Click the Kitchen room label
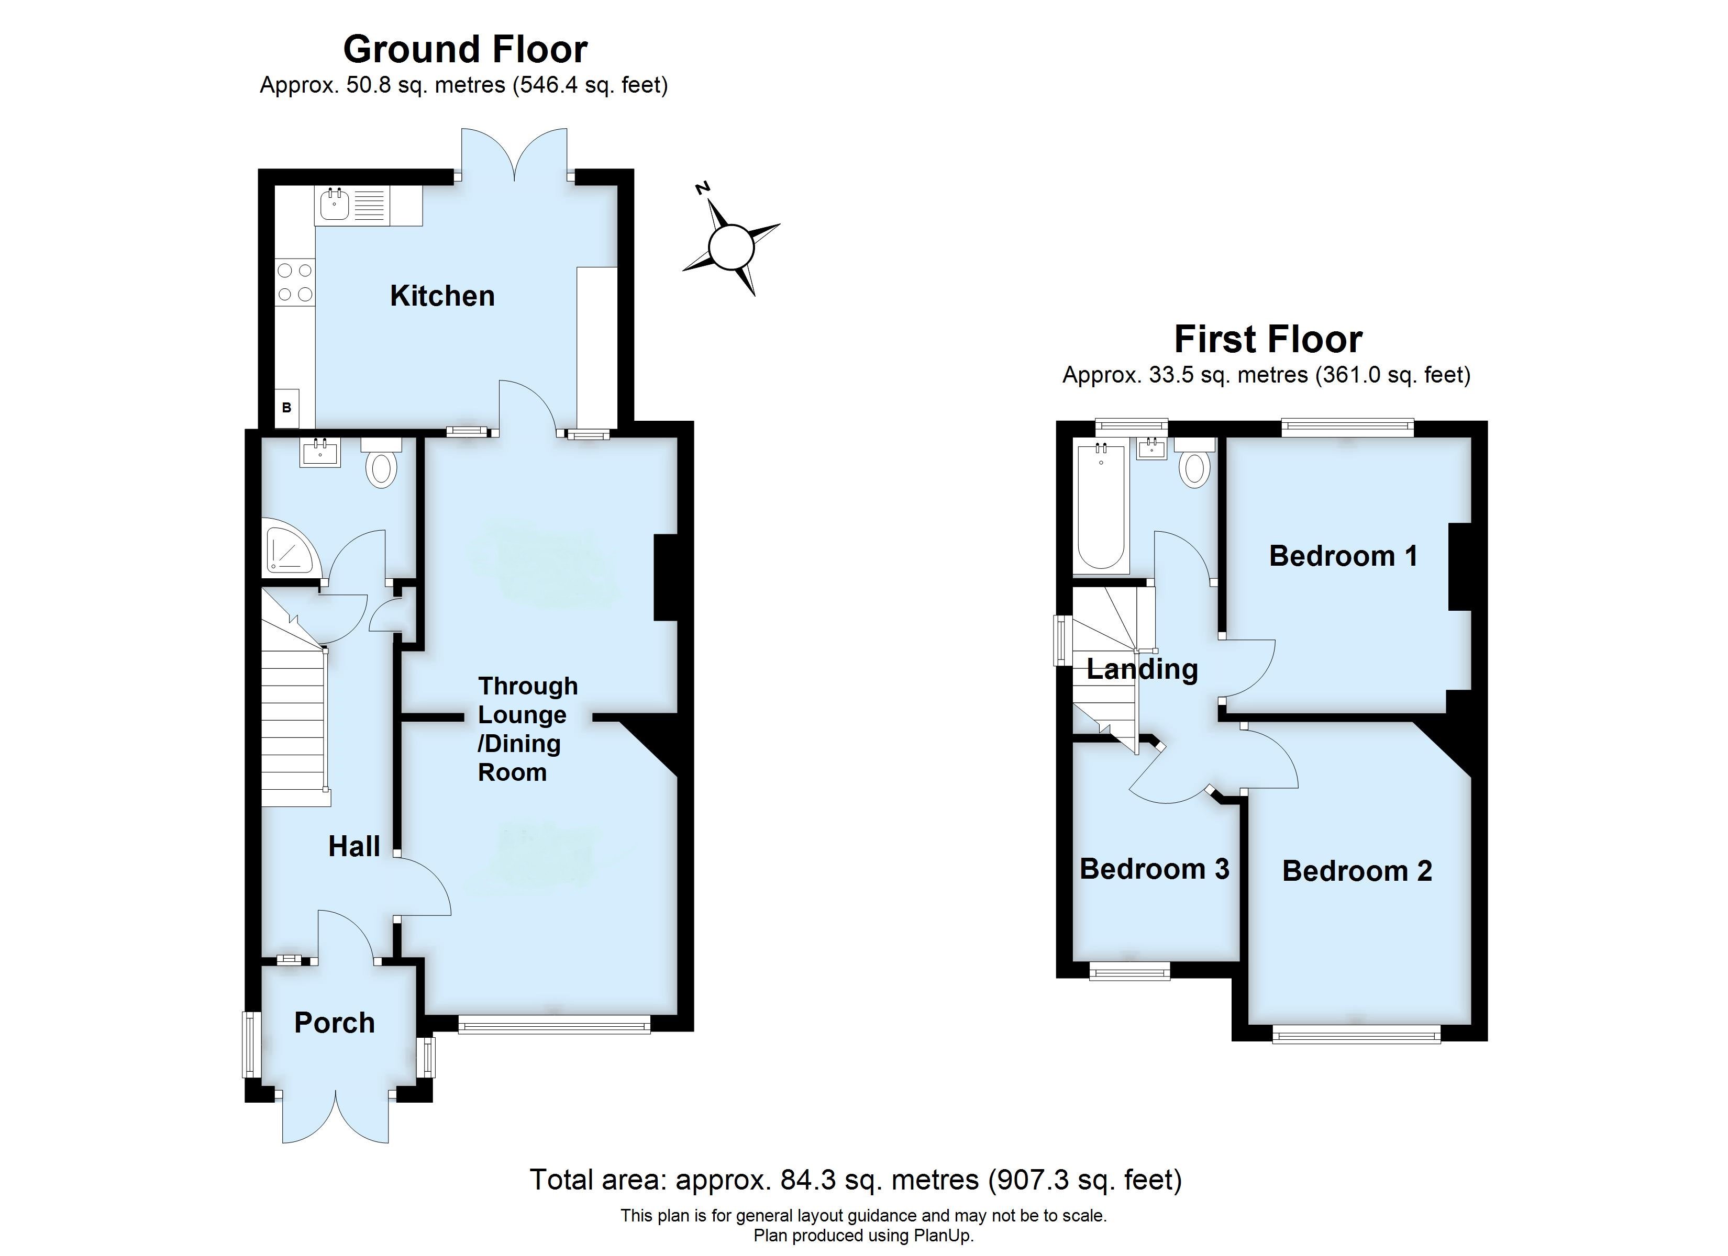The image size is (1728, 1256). (442, 296)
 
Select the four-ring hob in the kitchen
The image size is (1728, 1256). (295, 282)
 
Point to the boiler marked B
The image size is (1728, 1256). (287, 408)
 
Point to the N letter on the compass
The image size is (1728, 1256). (703, 187)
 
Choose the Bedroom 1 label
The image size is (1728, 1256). (1343, 556)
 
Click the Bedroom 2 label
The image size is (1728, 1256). (1357, 871)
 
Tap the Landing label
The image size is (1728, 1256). (1142, 669)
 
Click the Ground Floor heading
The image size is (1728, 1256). (465, 50)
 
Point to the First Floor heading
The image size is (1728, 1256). (1268, 340)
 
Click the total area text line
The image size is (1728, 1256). (856, 1180)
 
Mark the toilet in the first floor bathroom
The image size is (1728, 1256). (1194, 464)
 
